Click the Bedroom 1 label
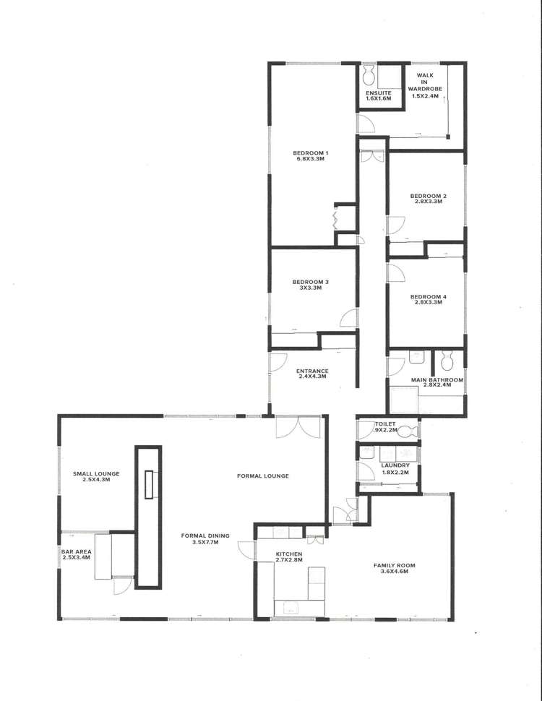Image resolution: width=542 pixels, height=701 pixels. point(311,152)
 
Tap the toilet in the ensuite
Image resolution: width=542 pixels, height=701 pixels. point(369,73)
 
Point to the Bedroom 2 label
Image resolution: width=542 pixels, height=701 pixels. point(428,196)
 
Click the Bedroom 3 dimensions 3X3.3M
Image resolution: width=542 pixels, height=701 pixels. point(311,288)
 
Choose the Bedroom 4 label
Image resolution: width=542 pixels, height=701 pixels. point(428,297)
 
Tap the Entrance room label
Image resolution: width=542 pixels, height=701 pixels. point(312,371)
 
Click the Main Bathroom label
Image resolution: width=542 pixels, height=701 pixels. point(431,379)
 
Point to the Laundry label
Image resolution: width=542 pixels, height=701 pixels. point(395,465)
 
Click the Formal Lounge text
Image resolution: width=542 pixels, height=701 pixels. point(263,476)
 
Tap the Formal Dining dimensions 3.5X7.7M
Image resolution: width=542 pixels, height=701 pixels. point(205,541)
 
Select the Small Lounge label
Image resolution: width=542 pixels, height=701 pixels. point(96,474)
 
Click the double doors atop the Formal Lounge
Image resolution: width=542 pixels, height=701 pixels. point(298,428)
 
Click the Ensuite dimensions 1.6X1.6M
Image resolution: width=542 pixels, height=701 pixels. point(378,98)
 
